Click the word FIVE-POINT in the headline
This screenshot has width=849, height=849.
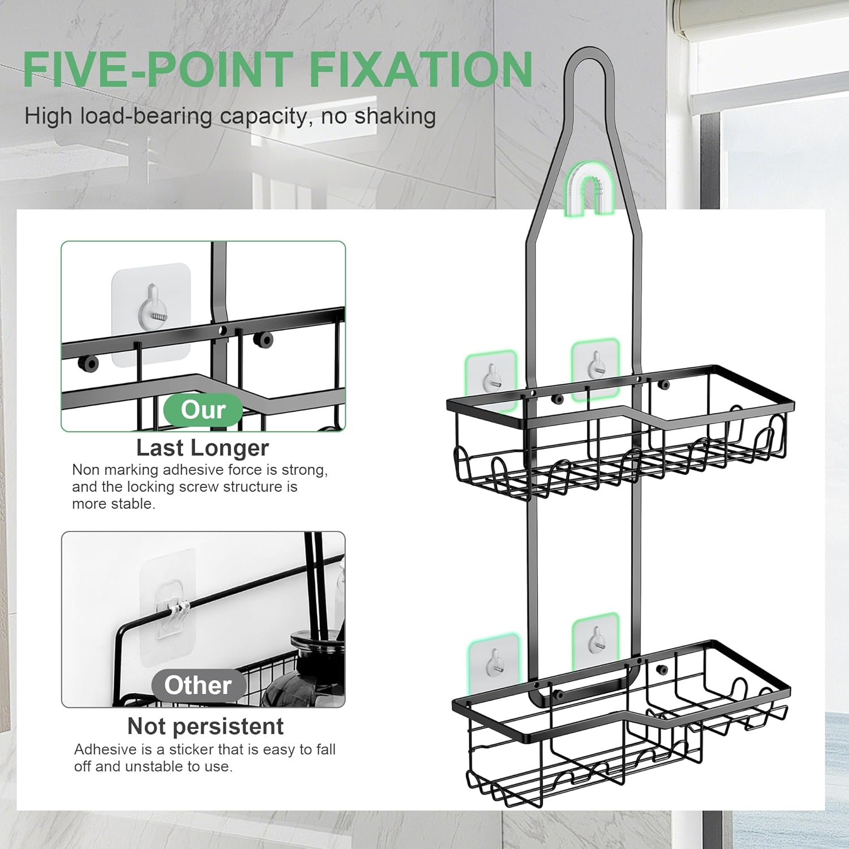coord(158,69)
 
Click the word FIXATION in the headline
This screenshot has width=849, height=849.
coord(421,69)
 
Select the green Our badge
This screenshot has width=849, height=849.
coord(203,410)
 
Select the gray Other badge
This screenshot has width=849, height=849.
coord(198,685)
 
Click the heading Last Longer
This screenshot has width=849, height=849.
coord(203,448)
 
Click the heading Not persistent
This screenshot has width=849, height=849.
coord(205,726)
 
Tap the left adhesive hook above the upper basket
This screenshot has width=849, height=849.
coord(491,379)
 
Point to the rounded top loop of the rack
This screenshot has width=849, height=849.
coord(589,51)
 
